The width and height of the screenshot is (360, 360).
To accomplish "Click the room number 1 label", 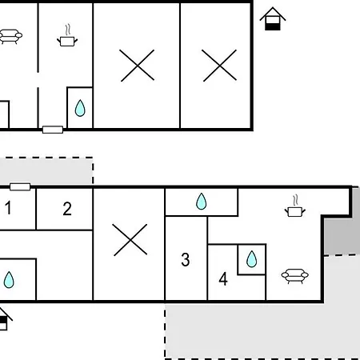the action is [8, 208].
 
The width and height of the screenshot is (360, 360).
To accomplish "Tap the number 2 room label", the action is [67, 209].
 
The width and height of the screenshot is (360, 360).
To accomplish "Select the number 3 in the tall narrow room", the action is [186, 259].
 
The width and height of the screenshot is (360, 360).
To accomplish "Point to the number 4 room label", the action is [223, 279].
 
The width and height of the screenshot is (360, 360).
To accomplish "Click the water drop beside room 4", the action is [252, 259].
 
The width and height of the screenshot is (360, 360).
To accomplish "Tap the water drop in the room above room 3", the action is [202, 201].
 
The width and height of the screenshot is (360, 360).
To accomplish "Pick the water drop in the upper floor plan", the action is [80, 108].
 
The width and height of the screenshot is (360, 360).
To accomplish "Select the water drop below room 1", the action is [9, 280].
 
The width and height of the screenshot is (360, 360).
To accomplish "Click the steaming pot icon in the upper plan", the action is [67, 36].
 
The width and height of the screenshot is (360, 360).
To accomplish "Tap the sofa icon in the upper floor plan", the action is [10, 37].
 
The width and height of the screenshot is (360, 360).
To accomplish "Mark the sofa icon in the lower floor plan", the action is [295, 276].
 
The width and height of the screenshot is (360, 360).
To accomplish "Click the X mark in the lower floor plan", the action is [130, 240].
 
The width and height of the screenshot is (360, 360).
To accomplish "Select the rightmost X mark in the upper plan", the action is [219, 66].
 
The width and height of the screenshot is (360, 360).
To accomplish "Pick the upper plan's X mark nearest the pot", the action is [137, 66].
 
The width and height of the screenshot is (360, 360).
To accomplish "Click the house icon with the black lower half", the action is [273, 19].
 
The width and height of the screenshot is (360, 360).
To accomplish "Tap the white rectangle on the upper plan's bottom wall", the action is [53, 130].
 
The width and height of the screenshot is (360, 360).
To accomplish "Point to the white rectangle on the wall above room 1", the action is [20, 186].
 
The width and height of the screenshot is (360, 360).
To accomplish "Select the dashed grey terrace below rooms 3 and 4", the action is [262, 330].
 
